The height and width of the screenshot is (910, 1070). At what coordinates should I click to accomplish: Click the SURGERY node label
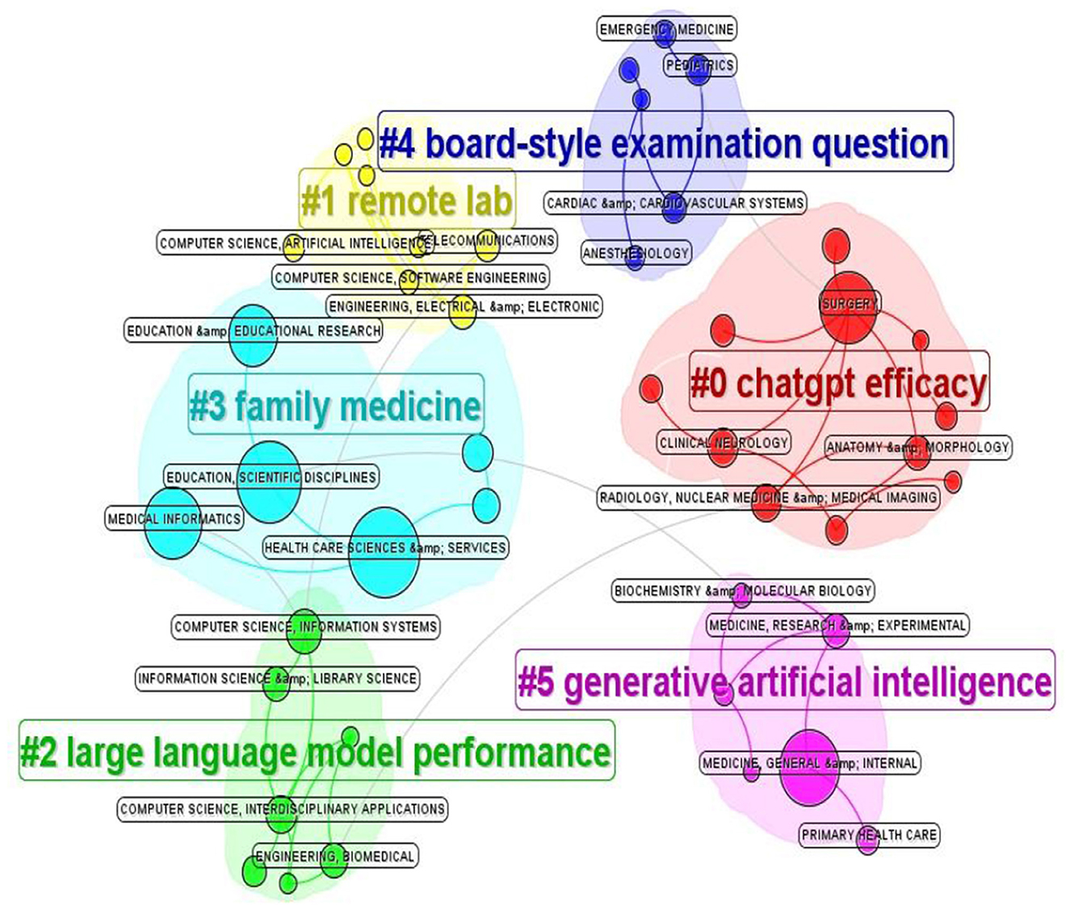click(x=849, y=304)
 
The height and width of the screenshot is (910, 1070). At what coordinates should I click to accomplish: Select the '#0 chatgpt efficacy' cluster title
click(x=839, y=382)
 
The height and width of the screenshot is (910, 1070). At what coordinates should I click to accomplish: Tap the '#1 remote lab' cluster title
click(x=406, y=200)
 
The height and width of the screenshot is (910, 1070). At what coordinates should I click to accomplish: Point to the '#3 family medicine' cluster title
click(x=336, y=404)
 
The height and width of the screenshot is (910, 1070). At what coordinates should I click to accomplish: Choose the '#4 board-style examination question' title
click(x=665, y=143)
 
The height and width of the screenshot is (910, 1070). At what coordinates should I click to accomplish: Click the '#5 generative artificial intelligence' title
click(x=784, y=680)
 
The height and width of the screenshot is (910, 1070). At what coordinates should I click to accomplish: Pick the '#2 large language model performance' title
click(x=316, y=751)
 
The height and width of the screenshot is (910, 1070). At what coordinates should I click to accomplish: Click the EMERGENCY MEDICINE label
click(x=667, y=30)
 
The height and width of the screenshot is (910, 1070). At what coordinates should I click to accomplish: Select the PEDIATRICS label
click(x=699, y=65)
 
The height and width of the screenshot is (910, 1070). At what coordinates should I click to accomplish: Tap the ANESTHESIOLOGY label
click(x=636, y=253)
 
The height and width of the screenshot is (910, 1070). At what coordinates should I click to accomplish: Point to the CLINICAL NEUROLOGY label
click(x=724, y=443)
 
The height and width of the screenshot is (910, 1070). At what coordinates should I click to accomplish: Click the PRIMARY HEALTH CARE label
click(x=869, y=835)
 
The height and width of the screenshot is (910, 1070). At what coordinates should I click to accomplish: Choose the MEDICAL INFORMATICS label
click(x=174, y=519)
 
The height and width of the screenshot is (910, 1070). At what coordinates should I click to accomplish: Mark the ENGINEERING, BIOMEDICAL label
click(x=336, y=857)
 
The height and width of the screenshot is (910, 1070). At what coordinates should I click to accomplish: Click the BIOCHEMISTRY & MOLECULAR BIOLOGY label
click(x=743, y=591)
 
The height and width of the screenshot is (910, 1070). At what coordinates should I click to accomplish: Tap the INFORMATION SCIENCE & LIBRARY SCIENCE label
click(x=277, y=679)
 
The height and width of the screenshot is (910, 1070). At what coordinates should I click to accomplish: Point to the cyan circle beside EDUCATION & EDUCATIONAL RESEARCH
click(x=253, y=335)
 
